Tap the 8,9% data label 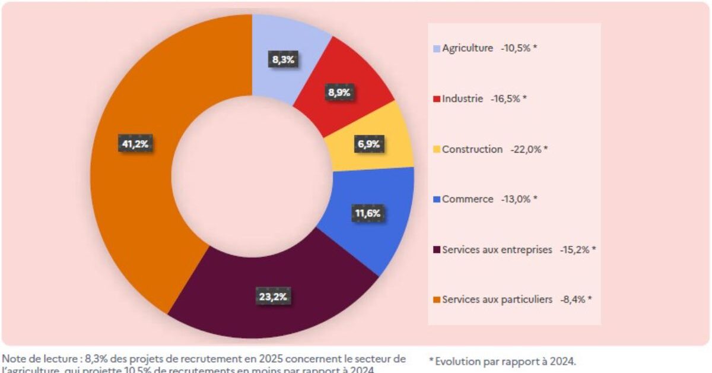(x=339, y=93)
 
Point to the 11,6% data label (x=368, y=213)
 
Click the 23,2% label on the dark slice (x=274, y=297)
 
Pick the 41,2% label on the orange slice (x=133, y=144)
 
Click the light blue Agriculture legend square (x=437, y=49)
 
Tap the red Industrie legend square (x=437, y=99)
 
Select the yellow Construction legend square (x=437, y=150)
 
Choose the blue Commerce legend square (x=437, y=200)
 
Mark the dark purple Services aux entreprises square (x=437, y=250)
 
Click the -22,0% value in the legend (x=526, y=150)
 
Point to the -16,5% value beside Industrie (x=506, y=99)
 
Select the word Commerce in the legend (x=468, y=200)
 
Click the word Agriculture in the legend (x=468, y=49)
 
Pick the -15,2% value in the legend (x=574, y=250)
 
